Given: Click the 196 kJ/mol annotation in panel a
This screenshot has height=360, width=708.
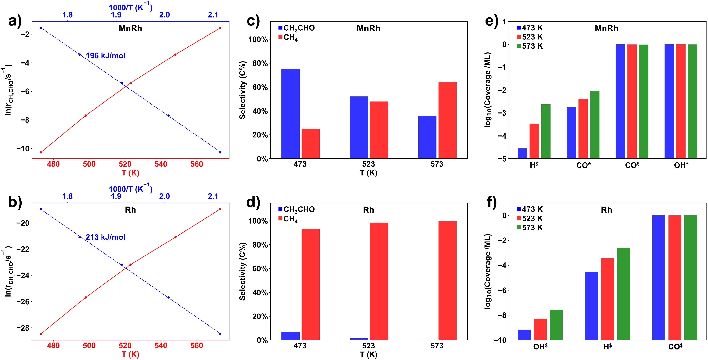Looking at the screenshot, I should point(106,56).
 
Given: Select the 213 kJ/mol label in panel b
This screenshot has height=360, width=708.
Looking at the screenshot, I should point(106,237).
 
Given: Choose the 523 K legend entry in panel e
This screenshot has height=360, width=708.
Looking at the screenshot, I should point(530,37).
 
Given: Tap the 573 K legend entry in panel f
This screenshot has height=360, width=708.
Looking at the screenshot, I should point(530,228).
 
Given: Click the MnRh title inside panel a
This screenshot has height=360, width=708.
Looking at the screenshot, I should point(130,28).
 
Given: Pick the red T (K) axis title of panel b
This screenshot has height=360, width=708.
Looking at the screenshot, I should point(130,354).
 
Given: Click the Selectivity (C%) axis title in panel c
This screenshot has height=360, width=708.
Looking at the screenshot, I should point(242,90).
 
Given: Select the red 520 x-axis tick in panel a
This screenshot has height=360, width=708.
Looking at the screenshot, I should point(125,164).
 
